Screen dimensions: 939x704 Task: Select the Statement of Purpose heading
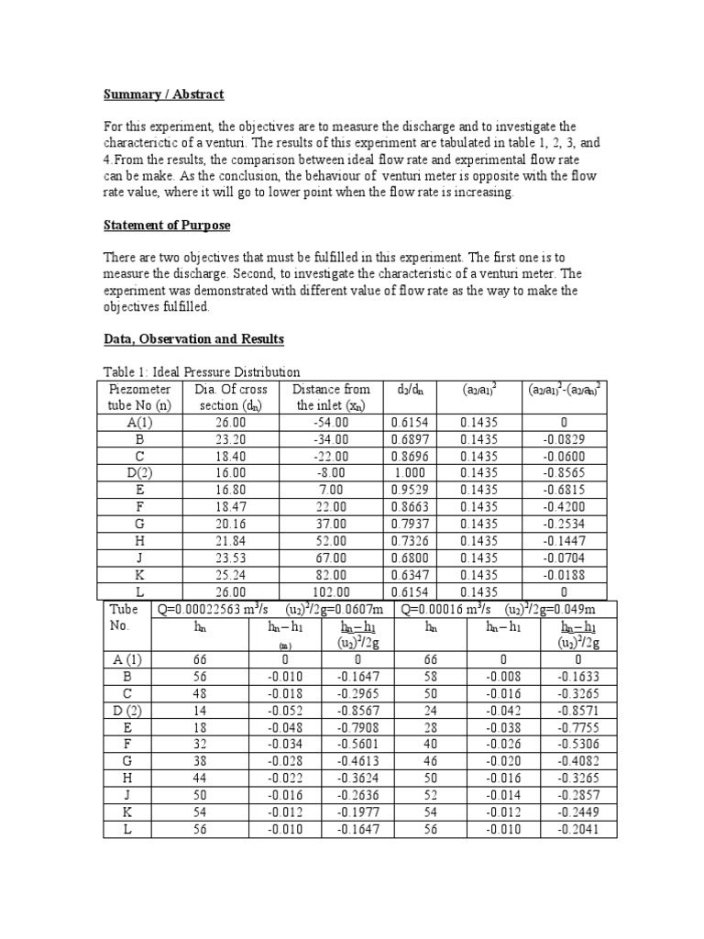coord(166,225)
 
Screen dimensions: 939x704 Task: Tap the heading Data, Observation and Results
coord(192,339)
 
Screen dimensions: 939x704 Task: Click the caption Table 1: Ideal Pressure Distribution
coord(201,371)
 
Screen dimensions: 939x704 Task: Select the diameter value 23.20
coord(227,439)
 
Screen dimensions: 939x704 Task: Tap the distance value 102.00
coord(331,592)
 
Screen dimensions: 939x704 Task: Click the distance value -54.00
coord(331,422)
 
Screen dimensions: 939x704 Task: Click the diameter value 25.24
coord(227,576)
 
